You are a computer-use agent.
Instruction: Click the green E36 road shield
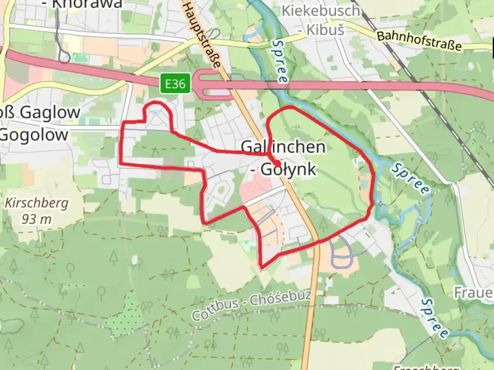coord(175,84)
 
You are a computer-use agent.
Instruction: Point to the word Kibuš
coord(325,30)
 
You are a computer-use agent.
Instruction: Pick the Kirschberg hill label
coord(36,203)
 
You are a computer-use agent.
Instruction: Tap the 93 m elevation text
coord(36,219)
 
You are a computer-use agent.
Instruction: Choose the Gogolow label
coord(34,135)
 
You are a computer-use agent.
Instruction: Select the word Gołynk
coord(288,169)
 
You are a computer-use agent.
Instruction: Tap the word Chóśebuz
coord(280,298)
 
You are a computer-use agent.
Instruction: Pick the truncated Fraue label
coord(474,293)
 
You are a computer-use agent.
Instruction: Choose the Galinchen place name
coord(283,147)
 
